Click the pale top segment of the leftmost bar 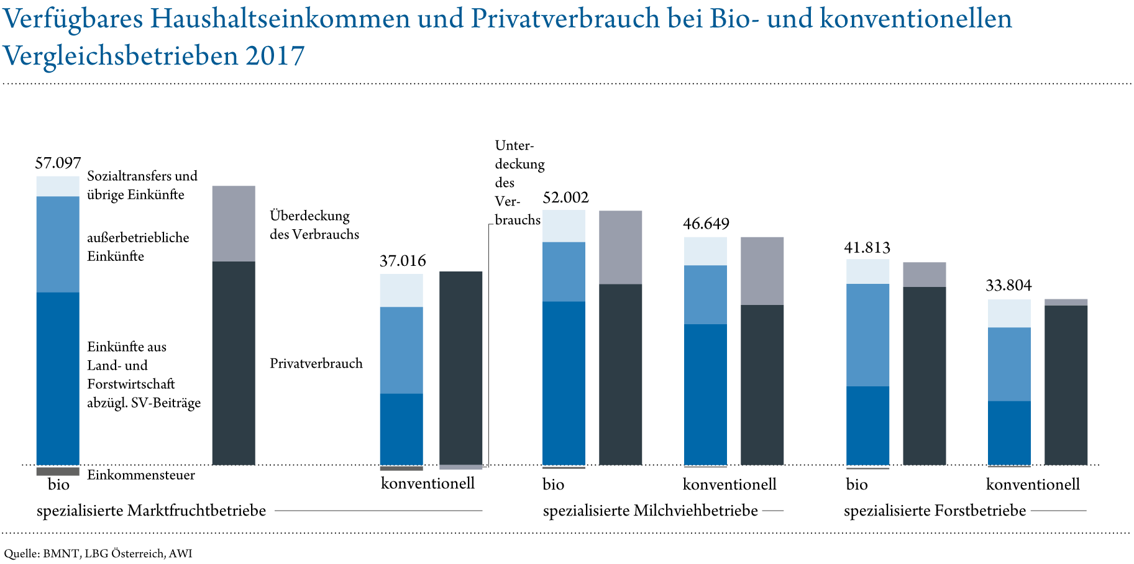[x=58, y=186]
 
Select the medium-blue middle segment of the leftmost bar [x=58, y=244]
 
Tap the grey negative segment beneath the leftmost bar [x=58, y=471]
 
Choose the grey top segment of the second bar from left [x=234, y=224]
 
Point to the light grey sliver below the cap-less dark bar [x=461, y=467]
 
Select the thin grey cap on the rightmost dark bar [x=1066, y=302]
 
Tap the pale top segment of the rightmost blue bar [x=1009, y=313]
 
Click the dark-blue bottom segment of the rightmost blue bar [x=1009, y=433]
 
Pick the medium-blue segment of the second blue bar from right [x=868, y=335]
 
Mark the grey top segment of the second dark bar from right [x=925, y=275]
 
